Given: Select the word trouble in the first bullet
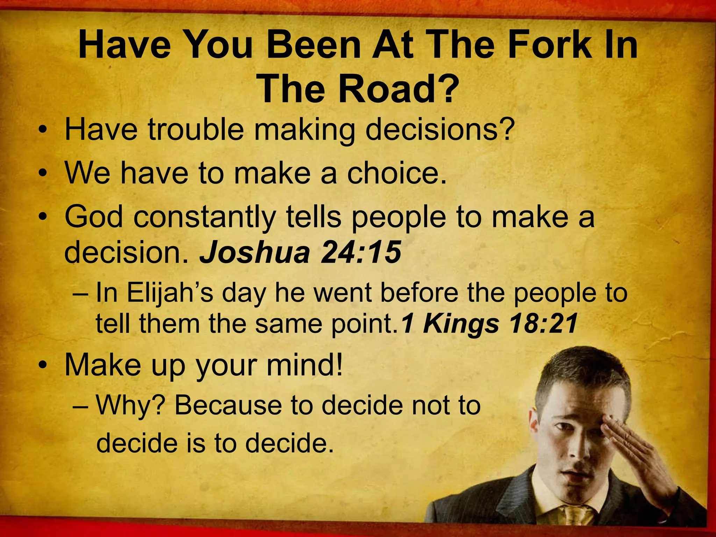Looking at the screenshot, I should (x=196, y=130).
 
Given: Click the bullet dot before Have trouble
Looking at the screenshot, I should (x=43, y=131).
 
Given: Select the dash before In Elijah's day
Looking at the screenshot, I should (x=81, y=294).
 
